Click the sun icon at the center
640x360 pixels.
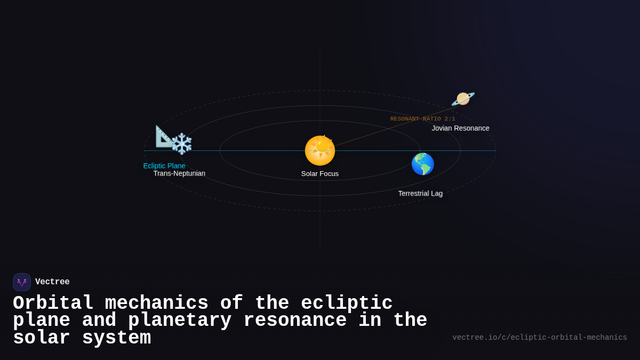320,150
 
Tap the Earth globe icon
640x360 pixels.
422,164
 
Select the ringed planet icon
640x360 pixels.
462,99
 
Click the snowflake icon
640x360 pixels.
182,144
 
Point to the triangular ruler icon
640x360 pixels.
164,136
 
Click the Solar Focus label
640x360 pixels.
320,174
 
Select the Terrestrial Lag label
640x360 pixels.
420,194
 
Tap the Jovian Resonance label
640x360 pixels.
460,129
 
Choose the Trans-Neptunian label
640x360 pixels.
179,174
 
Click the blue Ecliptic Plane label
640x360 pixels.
164,166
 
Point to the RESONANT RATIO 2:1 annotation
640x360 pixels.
422,119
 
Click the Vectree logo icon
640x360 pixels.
22,282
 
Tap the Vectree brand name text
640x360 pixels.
52,282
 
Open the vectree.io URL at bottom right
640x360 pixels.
539,338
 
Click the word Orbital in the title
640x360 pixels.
53,303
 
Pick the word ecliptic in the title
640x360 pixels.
347,303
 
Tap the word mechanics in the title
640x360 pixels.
156,303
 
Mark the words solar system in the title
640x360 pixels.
82,338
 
